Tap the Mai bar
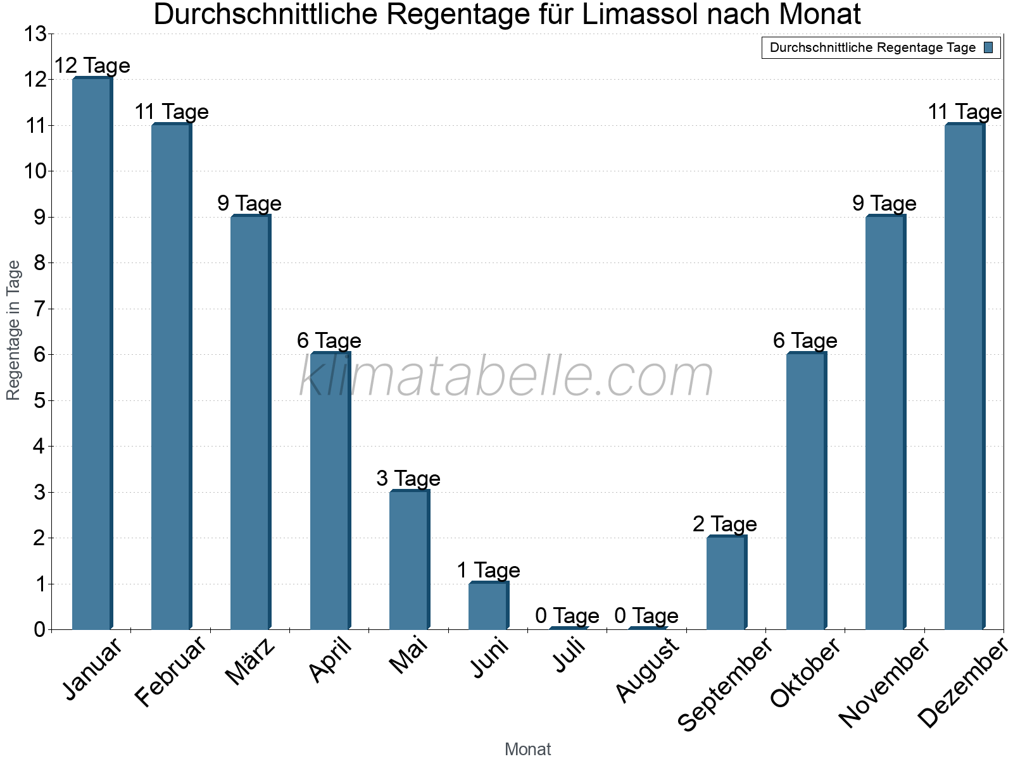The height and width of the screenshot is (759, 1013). (409, 560)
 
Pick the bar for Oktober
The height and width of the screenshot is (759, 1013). (806, 491)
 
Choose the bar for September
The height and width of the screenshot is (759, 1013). (727, 583)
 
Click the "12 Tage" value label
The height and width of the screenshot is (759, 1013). (92, 65)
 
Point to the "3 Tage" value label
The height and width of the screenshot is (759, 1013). (408, 478)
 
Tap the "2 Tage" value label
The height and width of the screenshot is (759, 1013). (725, 524)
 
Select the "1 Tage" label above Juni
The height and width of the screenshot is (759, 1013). (488, 570)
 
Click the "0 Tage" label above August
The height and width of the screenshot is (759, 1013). (646, 615)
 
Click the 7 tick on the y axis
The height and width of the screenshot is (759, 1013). (40, 309)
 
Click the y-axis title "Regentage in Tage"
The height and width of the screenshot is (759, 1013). (14, 330)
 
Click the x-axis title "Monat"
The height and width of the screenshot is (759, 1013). (527, 750)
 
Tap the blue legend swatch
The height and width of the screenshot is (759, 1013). (988, 47)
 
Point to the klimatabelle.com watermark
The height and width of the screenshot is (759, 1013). (507, 377)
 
